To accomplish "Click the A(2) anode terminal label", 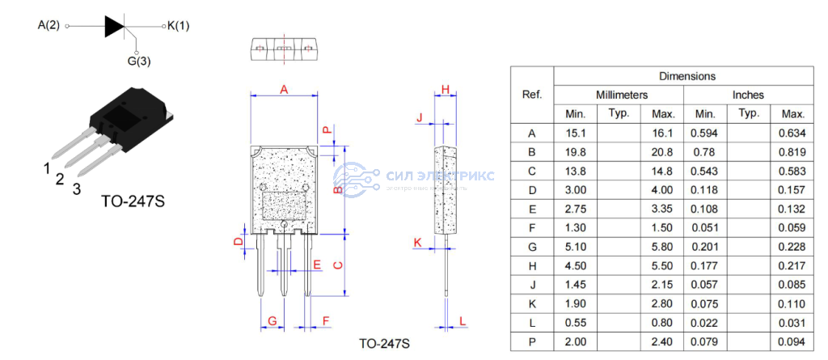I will [x=49, y=25].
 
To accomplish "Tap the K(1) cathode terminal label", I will [x=179, y=26].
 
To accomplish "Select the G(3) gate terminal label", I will [x=138, y=61].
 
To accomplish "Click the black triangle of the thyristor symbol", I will [x=115, y=26].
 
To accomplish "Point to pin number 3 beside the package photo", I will [x=76, y=189].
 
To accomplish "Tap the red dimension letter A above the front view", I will [x=284, y=90].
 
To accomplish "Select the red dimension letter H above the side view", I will [x=445, y=89].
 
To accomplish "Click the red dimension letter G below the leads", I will [x=272, y=321].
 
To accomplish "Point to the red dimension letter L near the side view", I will [x=463, y=321].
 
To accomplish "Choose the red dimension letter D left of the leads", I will [x=239, y=241].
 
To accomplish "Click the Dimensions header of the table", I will [x=686, y=76].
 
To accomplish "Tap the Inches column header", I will [x=748, y=95].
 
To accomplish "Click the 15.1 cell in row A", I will [x=575, y=133].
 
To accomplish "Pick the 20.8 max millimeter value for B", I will [x=662, y=152].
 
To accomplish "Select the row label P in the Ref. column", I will [x=531, y=342].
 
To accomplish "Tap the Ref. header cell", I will [x=531, y=95].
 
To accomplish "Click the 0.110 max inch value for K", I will [x=792, y=304].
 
